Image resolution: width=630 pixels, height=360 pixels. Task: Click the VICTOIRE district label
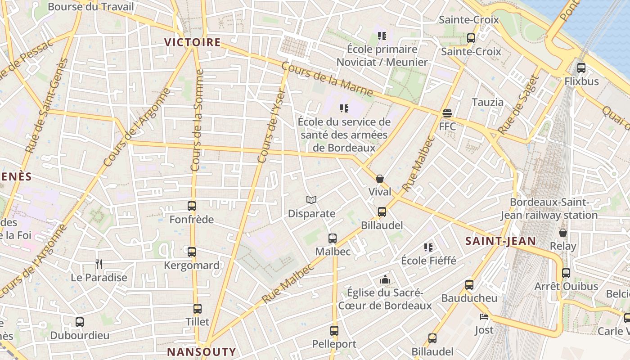coord(192,42)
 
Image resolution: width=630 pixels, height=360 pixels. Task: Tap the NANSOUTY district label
coord(201,351)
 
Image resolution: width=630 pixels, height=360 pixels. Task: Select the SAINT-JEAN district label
coord(500,241)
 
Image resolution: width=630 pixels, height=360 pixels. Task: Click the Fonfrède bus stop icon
coord(192,206)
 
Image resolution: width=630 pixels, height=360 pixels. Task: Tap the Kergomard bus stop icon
coord(192,252)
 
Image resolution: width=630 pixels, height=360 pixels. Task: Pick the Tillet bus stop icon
coord(198,309)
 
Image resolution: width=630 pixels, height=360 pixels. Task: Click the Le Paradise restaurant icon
coord(99,264)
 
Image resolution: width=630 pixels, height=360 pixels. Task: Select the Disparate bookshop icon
coord(311,200)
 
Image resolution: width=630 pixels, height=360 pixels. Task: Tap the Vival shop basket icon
coord(380,179)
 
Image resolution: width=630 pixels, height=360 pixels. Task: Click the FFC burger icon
coord(447,113)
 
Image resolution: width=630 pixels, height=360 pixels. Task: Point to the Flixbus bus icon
coord(581,68)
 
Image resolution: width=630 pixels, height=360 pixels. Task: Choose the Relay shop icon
coord(562,233)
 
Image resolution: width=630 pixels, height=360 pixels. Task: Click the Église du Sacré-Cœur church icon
coord(385,280)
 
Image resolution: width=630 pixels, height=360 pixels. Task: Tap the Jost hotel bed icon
coord(484,317)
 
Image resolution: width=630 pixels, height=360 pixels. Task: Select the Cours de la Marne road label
coord(327,78)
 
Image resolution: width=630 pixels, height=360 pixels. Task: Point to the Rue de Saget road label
coord(518,105)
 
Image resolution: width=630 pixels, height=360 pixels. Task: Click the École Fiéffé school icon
coord(428,247)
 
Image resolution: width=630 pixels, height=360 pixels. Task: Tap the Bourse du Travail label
coord(90,7)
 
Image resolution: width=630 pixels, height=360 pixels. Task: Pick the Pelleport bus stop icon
coord(334,331)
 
